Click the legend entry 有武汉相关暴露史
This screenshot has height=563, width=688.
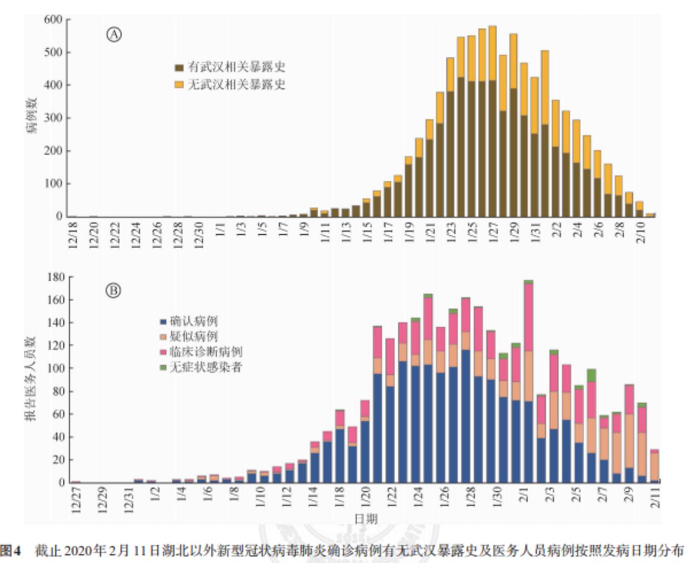point(230,68)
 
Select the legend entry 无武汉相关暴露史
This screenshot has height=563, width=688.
point(230,85)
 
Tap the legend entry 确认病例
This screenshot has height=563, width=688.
point(189,321)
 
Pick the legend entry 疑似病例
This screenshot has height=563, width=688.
point(189,336)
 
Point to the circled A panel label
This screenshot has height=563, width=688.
point(113,35)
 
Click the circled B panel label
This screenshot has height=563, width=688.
point(113,291)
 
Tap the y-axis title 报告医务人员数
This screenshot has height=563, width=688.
point(30,379)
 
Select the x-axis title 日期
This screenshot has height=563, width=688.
point(366,519)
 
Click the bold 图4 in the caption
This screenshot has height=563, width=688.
point(10,551)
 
